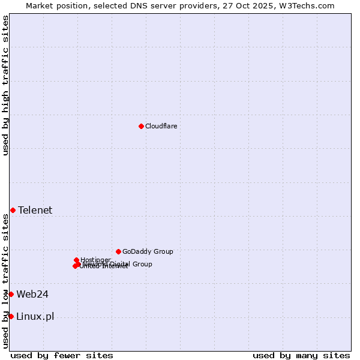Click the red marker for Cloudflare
141,126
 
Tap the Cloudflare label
161,126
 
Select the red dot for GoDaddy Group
118,251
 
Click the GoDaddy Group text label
148,251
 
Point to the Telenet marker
13,210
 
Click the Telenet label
35,210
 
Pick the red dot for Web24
11,294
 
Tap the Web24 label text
32,294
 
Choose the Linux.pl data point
11,316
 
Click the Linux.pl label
35,316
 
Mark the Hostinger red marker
76,260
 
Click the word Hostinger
96,259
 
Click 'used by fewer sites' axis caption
62,355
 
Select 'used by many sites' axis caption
301,355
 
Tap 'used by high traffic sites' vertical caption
5,85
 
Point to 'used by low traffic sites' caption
5,281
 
